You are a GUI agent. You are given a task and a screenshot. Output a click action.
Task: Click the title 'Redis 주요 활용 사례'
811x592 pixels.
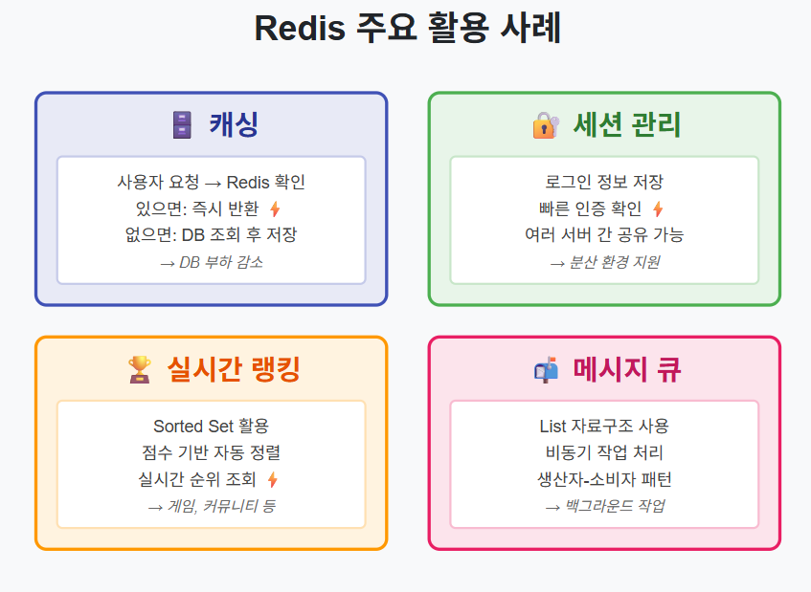[407, 29]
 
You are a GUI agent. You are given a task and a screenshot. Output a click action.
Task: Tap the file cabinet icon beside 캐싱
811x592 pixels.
[181, 124]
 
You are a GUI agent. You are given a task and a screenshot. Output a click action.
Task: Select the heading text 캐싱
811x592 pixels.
[235, 124]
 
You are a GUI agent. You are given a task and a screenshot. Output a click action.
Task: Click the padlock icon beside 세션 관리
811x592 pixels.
[545, 124]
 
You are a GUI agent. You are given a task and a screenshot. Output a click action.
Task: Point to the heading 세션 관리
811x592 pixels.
[627, 124]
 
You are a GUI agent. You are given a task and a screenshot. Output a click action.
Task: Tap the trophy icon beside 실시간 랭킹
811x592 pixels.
[140, 369]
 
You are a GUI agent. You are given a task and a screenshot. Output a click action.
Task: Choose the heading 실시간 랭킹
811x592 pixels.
[234, 369]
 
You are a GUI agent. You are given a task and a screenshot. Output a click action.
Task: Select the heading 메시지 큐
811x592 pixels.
[627, 369]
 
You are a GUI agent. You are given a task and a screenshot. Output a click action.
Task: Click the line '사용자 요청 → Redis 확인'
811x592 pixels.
[211, 182]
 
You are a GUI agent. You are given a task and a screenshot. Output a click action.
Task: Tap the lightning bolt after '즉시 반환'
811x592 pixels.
[275, 208]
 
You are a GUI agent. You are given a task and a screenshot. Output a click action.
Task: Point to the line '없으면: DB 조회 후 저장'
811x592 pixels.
[211, 234]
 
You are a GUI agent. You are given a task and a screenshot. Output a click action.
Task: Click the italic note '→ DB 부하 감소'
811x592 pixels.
[211, 261]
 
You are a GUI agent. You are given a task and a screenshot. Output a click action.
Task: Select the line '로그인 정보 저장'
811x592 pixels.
[603, 182]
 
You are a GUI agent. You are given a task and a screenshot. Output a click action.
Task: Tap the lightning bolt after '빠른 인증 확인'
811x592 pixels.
[658, 208]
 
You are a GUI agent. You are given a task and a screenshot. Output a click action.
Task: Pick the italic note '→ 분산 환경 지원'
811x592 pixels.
[603, 261]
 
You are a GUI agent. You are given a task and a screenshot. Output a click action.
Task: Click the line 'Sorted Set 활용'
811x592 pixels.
[211, 426]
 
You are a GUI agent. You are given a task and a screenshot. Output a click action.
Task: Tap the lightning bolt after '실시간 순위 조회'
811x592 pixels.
[273, 479]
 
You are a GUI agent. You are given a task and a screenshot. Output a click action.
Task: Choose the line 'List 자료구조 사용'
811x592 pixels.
[603, 426]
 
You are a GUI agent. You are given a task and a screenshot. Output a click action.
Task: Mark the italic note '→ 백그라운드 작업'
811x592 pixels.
[603, 506]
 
